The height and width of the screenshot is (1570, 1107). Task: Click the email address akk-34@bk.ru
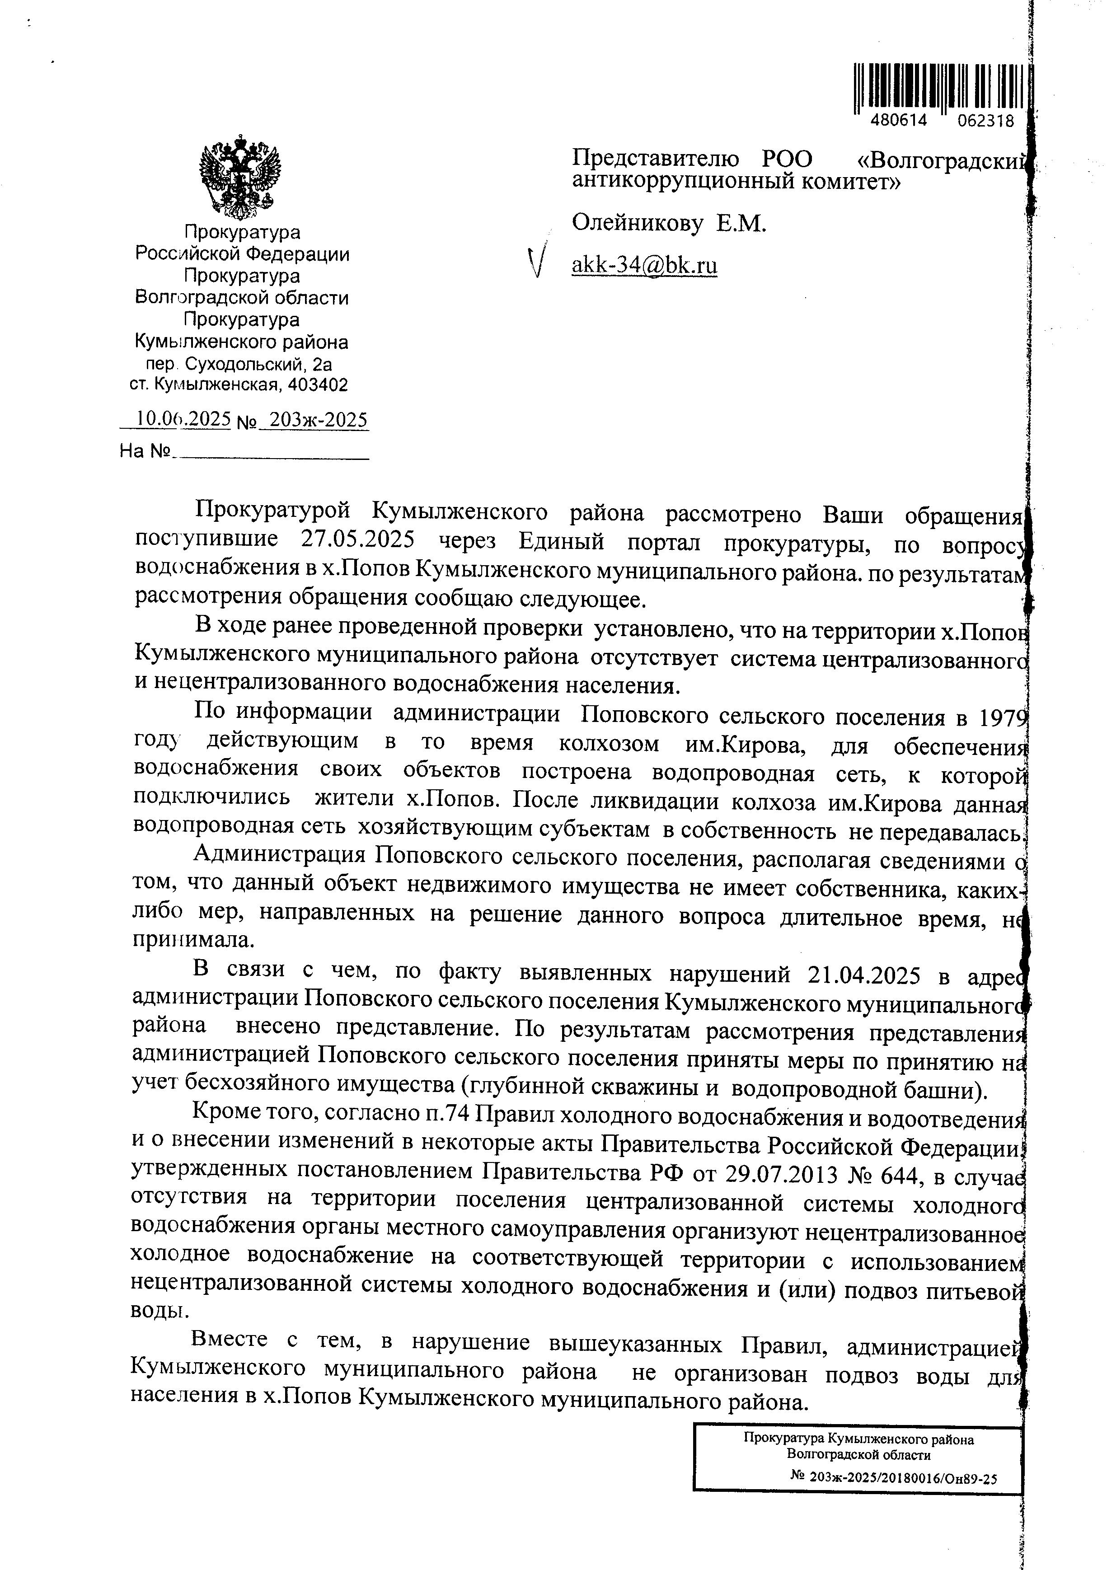644,265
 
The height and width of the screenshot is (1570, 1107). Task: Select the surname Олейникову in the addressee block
637,223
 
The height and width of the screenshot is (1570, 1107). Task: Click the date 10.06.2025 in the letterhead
183,418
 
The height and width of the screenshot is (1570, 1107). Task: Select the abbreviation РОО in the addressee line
787,159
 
